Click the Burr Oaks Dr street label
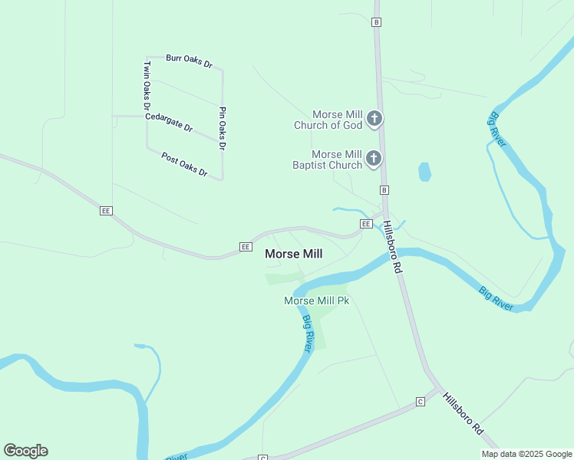point(189,60)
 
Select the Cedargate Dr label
point(168,122)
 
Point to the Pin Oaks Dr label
point(223,128)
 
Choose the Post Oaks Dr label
point(184,165)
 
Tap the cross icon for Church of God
point(374,119)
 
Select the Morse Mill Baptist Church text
point(327,159)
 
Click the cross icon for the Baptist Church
point(373,159)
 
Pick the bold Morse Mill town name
point(293,253)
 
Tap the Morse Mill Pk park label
point(316,301)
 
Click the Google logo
point(25,451)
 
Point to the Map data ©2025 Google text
point(526,454)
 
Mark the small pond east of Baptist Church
point(424,172)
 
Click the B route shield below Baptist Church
point(384,189)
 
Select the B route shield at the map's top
point(376,22)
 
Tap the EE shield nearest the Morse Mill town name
point(245,247)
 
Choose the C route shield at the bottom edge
point(262,458)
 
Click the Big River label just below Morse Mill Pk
point(307,333)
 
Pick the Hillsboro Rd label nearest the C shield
point(466,416)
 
